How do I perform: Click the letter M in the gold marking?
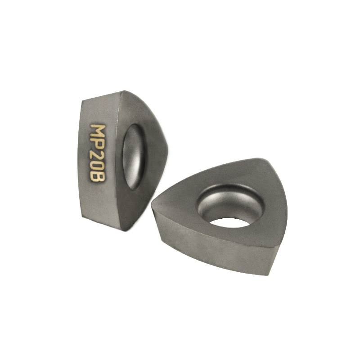point(98,131)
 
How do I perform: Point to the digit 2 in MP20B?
point(98,156)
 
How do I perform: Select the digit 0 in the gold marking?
point(98,166)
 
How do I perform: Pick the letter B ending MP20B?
point(98,177)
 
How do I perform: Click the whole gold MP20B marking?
point(98,153)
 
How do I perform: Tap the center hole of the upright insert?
point(134,157)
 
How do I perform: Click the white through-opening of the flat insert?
point(229,222)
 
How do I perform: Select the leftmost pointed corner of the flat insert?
point(153,205)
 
